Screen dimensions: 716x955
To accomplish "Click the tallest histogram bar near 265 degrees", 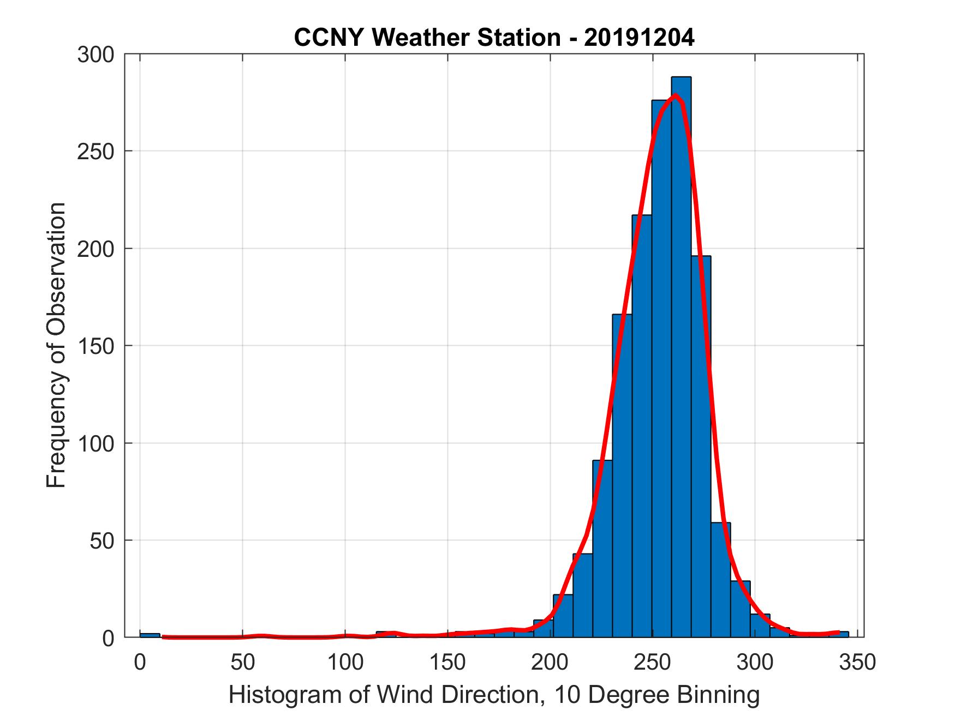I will (x=681, y=354).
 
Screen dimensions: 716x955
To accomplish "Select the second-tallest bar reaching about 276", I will (x=661, y=371).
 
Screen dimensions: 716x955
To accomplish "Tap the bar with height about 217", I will (x=642, y=425).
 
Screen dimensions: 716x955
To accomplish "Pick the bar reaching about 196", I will (x=701, y=447).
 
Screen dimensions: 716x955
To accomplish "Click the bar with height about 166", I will (x=622, y=474).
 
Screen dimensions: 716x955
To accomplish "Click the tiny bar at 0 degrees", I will (x=150, y=635).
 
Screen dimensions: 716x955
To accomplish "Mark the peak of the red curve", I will (x=676, y=96).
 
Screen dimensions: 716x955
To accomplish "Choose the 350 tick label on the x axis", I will (x=857, y=663).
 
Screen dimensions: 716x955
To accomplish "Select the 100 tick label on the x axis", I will (x=345, y=663).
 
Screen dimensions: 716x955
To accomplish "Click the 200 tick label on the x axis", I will (x=550, y=663).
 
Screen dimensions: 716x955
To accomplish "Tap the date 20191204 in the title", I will (x=639, y=38).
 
